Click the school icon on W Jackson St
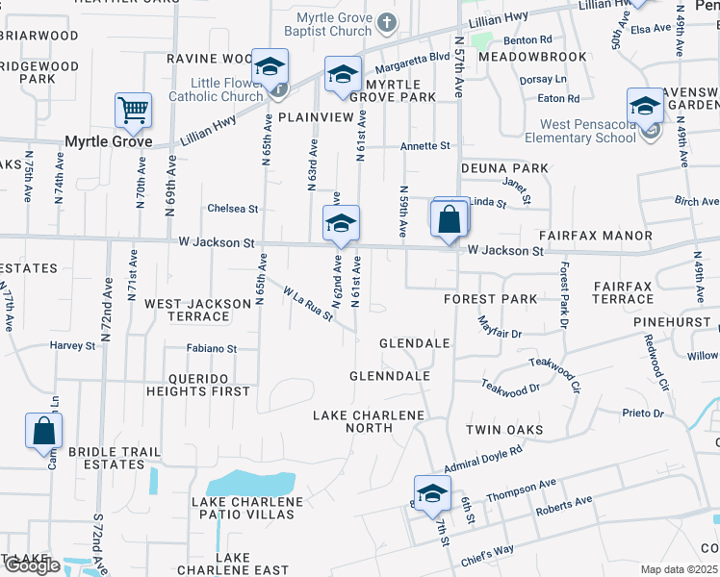point(341,224)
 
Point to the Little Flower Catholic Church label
point(216,88)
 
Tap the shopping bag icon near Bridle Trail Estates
point(44,431)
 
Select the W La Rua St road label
point(307,302)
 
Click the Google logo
point(32,565)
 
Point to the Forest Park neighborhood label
point(490,299)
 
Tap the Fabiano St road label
point(212,348)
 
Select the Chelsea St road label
point(233,209)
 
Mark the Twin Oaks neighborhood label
point(504,430)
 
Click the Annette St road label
point(425,146)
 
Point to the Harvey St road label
point(73,345)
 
